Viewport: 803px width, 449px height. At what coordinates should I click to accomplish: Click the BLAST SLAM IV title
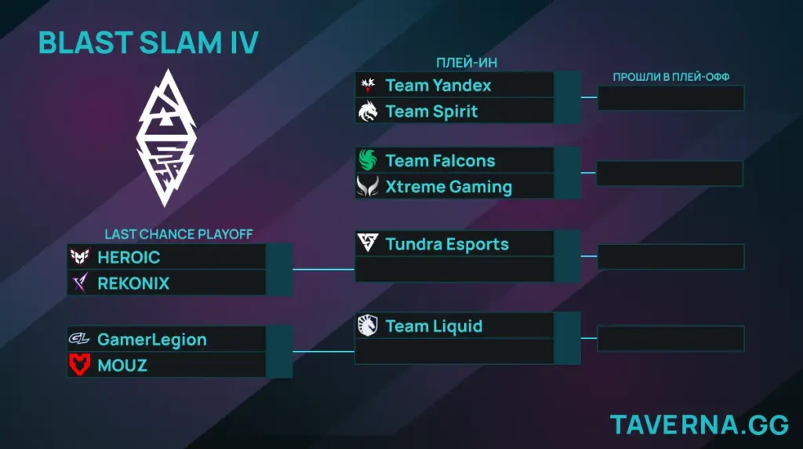pyautogui.click(x=148, y=43)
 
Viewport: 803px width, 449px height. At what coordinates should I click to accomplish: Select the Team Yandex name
pyautogui.click(x=438, y=85)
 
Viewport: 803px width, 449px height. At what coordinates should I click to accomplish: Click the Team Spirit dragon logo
pyautogui.click(x=368, y=111)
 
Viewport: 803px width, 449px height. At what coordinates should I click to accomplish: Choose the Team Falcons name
pyautogui.click(x=440, y=161)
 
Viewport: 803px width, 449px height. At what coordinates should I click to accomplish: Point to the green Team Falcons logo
pyautogui.click(x=368, y=161)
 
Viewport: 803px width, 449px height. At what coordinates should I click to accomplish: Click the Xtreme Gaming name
pyautogui.click(x=449, y=187)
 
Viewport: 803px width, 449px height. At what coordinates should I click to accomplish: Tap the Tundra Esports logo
pyautogui.click(x=368, y=244)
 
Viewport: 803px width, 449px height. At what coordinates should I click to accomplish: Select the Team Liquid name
pyautogui.click(x=434, y=326)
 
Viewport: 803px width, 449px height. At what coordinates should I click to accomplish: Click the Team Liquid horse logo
pyautogui.click(x=368, y=326)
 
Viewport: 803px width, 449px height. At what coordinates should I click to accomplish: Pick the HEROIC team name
pyautogui.click(x=129, y=257)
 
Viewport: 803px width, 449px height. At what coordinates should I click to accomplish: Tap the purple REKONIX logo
pyautogui.click(x=79, y=283)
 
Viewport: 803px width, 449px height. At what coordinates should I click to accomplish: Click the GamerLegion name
pyautogui.click(x=152, y=340)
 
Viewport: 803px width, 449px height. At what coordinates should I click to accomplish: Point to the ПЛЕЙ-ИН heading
pyautogui.click(x=467, y=63)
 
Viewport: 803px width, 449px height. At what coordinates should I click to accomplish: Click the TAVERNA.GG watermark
pyautogui.click(x=699, y=425)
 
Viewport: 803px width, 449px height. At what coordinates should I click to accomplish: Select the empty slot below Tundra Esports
pyautogui.click(x=455, y=270)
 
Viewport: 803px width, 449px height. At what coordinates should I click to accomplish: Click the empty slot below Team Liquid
pyautogui.click(x=455, y=352)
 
